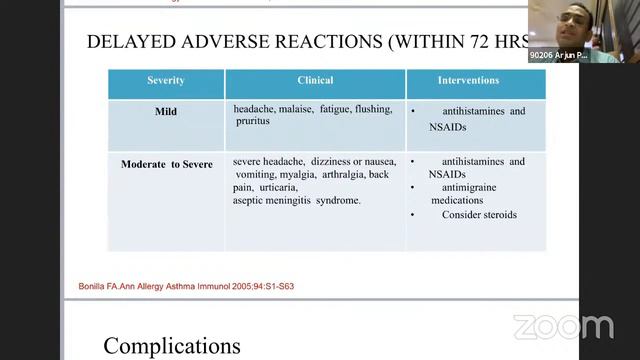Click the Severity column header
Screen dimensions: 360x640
(166, 80)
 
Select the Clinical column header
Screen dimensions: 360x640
(315, 80)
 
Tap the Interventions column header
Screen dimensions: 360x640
(475, 80)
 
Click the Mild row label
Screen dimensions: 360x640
(166, 112)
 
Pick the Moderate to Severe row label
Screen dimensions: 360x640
(166, 164)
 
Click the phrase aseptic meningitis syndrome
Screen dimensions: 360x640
(297, 200)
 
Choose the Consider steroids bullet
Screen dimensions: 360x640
(479, 214)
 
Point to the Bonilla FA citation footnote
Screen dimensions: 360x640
(186, 287)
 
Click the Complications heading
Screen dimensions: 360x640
(172, 346)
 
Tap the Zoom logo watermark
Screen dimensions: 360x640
(563, 327)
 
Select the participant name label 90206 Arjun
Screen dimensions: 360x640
(558, 56)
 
